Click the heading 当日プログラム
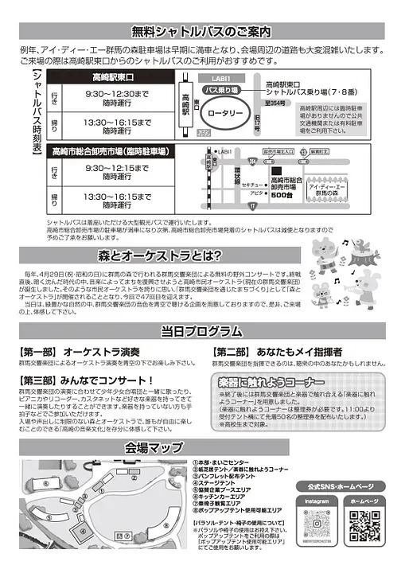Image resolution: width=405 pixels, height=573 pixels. (201, 331)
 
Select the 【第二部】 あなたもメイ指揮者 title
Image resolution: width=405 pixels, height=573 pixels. (278, 351)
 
